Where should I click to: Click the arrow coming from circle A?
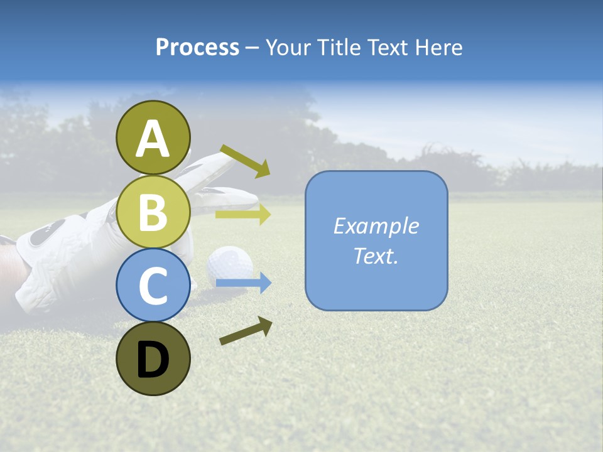tap(245, 161)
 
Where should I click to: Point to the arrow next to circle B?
tap(242, 215)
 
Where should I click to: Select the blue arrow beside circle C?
tap(243, 284)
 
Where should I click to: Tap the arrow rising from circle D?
tap(246, 331)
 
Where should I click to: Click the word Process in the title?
tap(197, 47)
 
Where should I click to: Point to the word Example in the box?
tap(376, 226)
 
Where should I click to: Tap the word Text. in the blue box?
tap(376, 256)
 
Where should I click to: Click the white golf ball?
tap(230, 262)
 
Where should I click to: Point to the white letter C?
tap(153, 286)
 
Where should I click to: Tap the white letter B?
tap(153, 212)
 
